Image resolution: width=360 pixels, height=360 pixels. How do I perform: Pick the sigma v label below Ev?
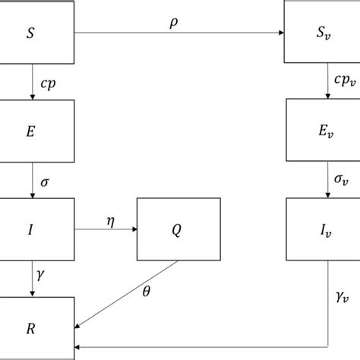(343, 180)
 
